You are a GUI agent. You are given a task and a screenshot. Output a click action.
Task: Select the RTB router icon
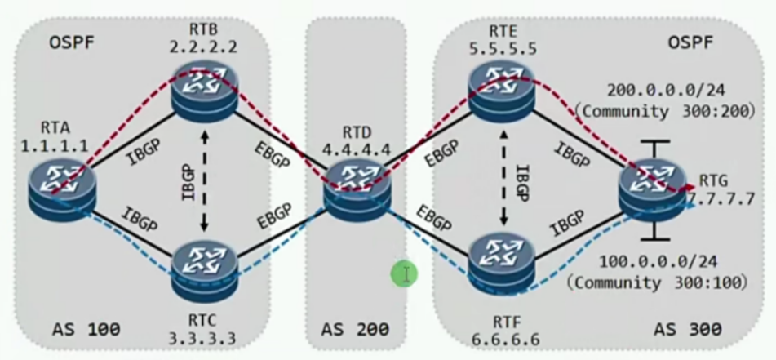pos(204,90)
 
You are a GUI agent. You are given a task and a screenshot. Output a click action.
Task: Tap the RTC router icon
pos(204,268)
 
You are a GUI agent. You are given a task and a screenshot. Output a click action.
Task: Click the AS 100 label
pos(85,329)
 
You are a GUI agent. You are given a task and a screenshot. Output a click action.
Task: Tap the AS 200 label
pos(356,329)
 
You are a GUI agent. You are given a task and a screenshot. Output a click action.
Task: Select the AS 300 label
pos(687,329)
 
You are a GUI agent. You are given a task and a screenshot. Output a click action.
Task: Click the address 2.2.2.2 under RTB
pos(204,47)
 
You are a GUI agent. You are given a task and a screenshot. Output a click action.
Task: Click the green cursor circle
pos(404,274)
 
